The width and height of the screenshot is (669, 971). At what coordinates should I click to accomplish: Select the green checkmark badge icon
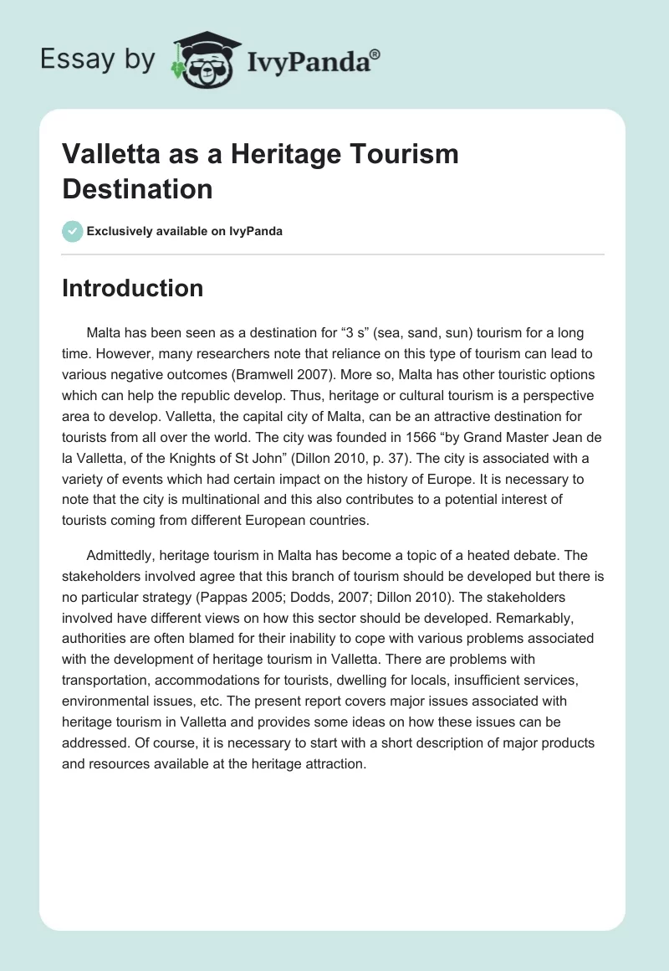pyautogui.click(x=72, y=231)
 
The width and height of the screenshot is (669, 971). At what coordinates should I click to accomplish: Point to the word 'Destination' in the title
pyautogui.click(x=137, y=188)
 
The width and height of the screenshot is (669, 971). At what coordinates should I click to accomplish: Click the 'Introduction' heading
pyautogui.click(x=133, y=288)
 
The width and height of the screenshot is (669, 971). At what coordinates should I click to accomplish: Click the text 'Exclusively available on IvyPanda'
pyautogui.click(x=184, y=231)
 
